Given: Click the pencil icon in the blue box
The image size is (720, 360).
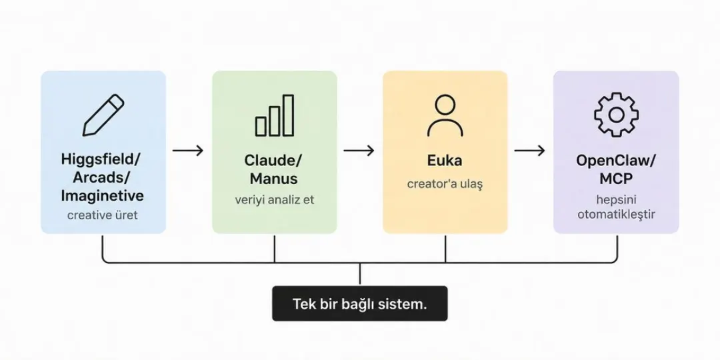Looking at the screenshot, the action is point(103,115).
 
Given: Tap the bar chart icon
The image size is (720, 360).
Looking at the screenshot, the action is point(275,115).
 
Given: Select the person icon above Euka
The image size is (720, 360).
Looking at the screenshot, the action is point(445,116).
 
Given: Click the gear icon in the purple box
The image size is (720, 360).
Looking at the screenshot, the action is point(616,115).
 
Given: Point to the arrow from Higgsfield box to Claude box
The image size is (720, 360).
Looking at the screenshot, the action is point(188,150).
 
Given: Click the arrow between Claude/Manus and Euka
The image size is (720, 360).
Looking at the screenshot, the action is point(359,150).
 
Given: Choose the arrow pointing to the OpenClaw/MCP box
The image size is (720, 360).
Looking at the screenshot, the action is point(529,150).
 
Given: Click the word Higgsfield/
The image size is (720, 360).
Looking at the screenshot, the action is point(101,160).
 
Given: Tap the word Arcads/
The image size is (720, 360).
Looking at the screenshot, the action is point(102,178).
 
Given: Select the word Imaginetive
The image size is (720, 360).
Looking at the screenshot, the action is point(103,195).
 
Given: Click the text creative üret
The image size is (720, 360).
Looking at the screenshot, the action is point(103,215).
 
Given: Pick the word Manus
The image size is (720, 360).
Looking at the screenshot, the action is point(274,178).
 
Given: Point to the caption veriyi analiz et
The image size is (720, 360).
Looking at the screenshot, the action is point(275,200).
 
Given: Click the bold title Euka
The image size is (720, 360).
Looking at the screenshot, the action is point(445,161).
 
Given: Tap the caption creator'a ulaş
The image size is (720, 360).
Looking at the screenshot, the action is point(445,185).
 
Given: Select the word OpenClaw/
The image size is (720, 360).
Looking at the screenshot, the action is point(616,161).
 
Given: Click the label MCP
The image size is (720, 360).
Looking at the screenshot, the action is point(616,179).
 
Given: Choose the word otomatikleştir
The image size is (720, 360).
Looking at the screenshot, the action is point(616,215).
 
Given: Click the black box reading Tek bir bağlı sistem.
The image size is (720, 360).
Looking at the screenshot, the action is point(359,303).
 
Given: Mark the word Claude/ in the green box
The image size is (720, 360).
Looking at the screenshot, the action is point(273,161).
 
